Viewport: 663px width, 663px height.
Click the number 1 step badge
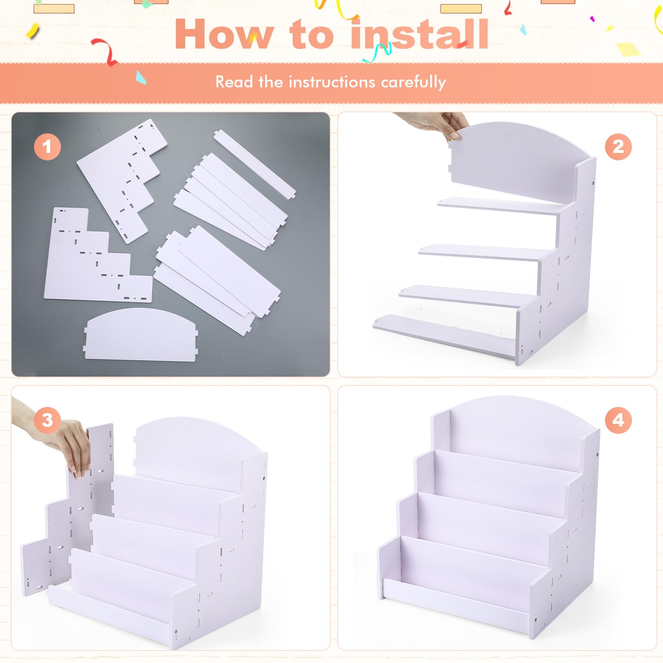pyautogui.click(x=47, y=147)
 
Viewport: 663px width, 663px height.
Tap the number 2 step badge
pyautogui.click(x=618, y=147)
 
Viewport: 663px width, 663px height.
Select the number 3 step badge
pyautogui.click(x=47, y=420)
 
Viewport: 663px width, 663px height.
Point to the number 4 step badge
pyautogui.click(x=618, y=420)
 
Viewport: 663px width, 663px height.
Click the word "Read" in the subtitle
pyautogui.click(x=234, y=82)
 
